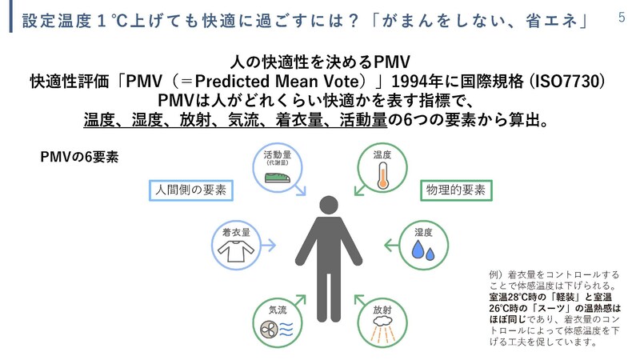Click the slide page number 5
(622, 17)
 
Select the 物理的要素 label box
(457, 190)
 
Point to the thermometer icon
(382, 176)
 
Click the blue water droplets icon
(421, 252)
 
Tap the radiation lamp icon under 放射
(382, 326)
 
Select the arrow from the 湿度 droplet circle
(387, 245)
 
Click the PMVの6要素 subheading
(79, 156)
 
